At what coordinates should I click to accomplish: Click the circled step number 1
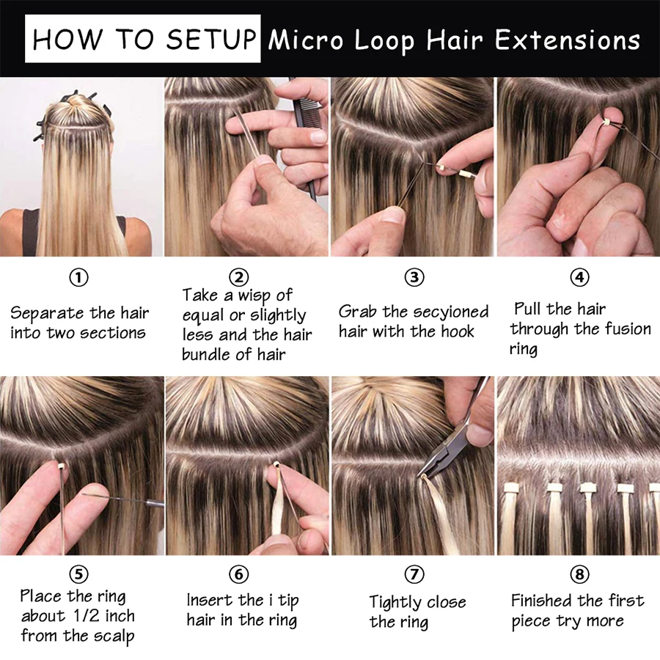click(x=78, y=278)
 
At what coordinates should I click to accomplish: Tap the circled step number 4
click(x=579, y=277)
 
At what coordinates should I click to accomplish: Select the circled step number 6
click(x=238, y=574)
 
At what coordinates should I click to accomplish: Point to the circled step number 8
click(x=579, y=574)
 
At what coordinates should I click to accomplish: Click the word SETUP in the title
click(x=210, y=39)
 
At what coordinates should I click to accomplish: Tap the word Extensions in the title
click(x=568, y=40)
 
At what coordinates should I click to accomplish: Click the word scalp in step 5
click(x=114, y=637)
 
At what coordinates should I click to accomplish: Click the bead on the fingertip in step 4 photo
click(x=606, y=122)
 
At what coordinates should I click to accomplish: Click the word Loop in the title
click(x=385, y=41)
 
